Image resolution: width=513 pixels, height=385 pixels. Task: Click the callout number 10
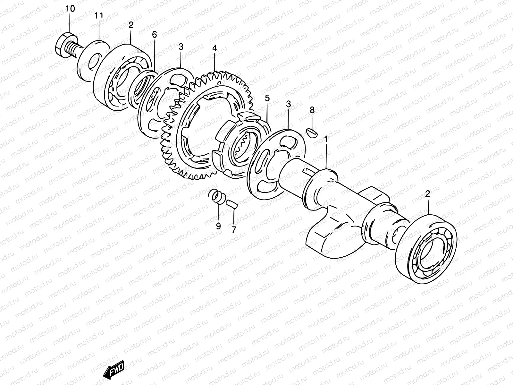(70, 9)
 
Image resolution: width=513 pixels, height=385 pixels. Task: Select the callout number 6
(155, 35)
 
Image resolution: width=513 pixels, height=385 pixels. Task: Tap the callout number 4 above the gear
(214, 48)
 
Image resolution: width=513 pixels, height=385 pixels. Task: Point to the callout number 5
(267, 98)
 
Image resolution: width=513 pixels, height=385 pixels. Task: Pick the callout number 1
(326, 140)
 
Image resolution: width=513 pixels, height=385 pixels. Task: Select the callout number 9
(218, 226)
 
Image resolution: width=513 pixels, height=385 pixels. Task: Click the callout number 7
(234, 229)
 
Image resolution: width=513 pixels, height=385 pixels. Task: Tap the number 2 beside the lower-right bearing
(427, 193)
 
